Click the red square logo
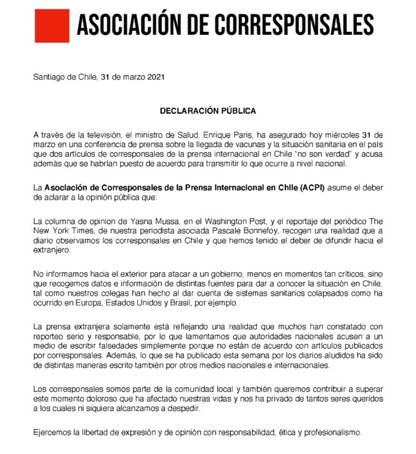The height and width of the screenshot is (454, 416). click(52, 25)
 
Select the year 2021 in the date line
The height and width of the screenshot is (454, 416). click(156, 78)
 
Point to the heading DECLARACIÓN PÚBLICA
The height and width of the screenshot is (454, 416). click(208, 111)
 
